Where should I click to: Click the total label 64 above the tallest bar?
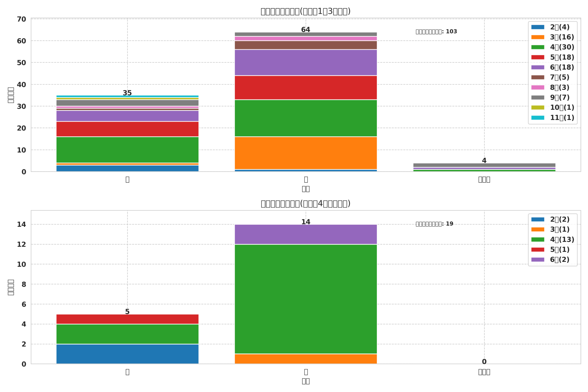coord(305,30)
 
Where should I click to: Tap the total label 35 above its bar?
coord(127,93)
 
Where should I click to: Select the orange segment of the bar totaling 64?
coord(305,153)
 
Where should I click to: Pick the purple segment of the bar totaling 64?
coord(305,62)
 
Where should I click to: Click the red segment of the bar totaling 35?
coord(127,129)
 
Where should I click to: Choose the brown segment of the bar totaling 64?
coord(305,45)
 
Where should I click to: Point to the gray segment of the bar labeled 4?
coord(484,165)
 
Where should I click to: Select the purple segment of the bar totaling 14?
coord(305,234)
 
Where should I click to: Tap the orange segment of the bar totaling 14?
coord(305,359)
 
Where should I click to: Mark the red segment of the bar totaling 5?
coord(127,319)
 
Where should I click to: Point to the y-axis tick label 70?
coord(22,19)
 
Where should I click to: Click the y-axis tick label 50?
coord(22,63)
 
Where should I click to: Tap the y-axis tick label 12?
coord(22,245)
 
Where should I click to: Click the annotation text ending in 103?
coord(436,32)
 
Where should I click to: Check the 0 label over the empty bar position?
coord(484,362)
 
